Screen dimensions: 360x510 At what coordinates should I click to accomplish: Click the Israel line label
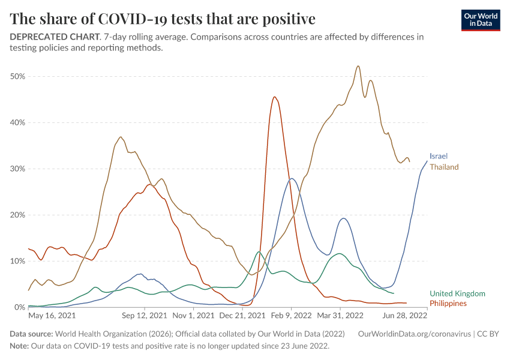439,156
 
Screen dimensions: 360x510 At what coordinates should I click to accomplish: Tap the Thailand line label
444,167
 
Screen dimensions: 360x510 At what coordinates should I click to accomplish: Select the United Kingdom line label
457,293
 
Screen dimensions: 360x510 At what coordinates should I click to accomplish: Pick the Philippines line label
448,304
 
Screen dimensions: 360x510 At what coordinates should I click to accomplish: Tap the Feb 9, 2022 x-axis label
290,314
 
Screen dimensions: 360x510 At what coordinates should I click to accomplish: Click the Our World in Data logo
480,20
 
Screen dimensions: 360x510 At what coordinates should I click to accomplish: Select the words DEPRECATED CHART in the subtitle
54,37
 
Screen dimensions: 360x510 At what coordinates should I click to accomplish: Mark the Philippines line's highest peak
274,97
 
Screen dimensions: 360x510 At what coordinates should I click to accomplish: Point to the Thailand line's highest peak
358,66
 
